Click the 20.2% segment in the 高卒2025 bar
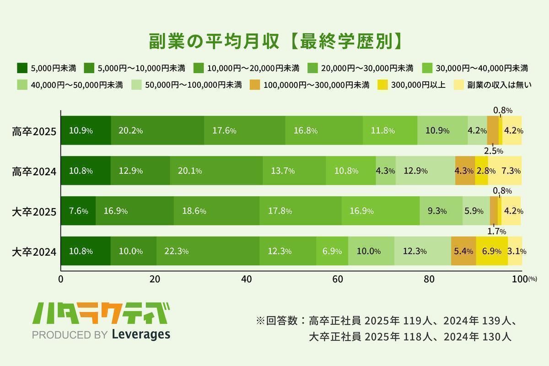[157, 130]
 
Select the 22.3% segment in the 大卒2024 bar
[208, 251]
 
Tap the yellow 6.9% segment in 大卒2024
[491, 251]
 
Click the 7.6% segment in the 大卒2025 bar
[78, 211]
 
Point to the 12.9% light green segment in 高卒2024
[425, 171]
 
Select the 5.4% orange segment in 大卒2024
[463, 251]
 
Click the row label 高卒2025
[34, 131]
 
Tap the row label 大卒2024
[34, 252]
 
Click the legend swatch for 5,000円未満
[22, 68]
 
